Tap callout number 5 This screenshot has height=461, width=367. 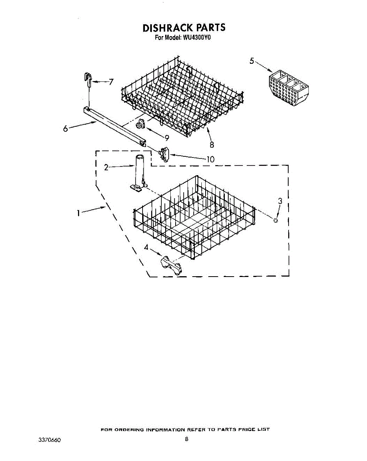pyautogui.click(x=252, y=61)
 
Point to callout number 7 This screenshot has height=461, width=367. pyautogui.click(x=111, y=82)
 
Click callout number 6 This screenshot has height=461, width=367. pyautogui.click(x=66, y=129)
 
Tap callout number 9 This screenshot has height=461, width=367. pyautogui.click(x=167, y=137)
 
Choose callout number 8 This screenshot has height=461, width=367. pyautogui.click(x=211, y=144)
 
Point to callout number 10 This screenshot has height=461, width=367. pyautogui.click(x=210, y=159)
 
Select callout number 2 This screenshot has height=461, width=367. pyautogui.click(x=106, y=167)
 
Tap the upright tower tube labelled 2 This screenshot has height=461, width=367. pyautogui.click(x=139, y=171)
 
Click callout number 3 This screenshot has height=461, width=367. pyautogui.click(x=280, y=200)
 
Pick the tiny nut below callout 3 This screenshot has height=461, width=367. pyautogui.click(x=276, y=220)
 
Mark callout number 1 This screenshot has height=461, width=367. pyautogui.click(x=78, y=212)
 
